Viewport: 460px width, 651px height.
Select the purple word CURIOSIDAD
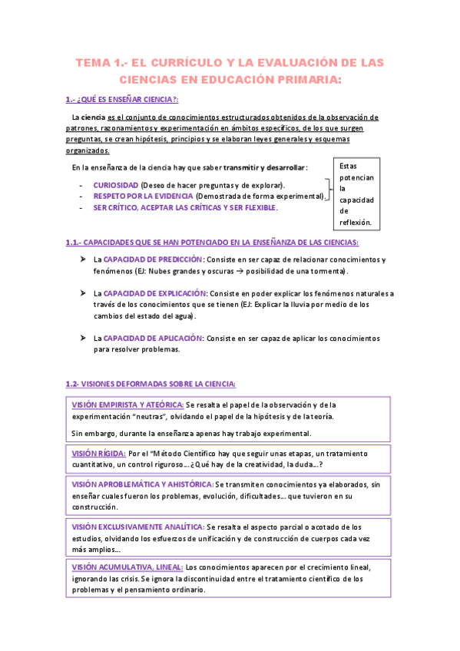coord(116,185)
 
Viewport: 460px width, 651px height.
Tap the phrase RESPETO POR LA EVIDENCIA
coord(143,197)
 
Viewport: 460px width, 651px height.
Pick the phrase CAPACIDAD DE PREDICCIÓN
coord(154,259)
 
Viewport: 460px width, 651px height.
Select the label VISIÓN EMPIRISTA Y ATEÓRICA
coord(127,405)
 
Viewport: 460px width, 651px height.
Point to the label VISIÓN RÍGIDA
coord(98,453)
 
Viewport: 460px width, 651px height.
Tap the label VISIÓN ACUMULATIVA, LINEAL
coord(127,567)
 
